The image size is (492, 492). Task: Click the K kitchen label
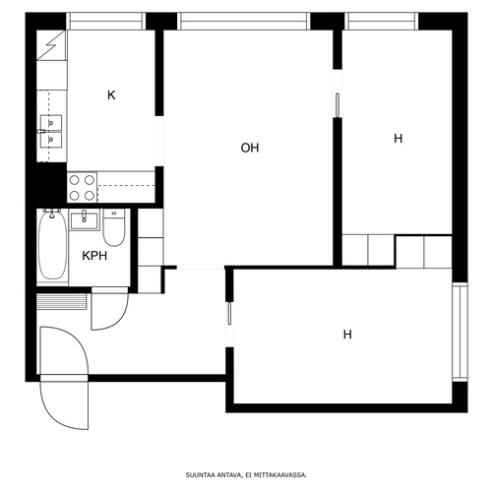point(111,95)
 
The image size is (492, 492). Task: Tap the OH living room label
point(250,148)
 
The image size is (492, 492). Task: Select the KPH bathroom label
point(94,256)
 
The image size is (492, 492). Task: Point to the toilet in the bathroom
point(114,227)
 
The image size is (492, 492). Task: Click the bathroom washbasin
point(84,219)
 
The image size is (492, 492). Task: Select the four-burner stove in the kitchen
point(82,188)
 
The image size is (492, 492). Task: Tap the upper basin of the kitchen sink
point(51,122)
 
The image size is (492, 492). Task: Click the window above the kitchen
point(105,22)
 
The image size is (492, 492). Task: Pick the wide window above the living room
point(244,22)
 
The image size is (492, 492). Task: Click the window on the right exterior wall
point(460,333)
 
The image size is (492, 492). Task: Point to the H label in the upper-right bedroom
point(398,139)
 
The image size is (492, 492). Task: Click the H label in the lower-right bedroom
point(347,335)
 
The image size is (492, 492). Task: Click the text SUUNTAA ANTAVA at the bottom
point(214,474)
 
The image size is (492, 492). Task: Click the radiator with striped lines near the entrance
point(62,302)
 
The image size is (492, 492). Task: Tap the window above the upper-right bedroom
point(382,22)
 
